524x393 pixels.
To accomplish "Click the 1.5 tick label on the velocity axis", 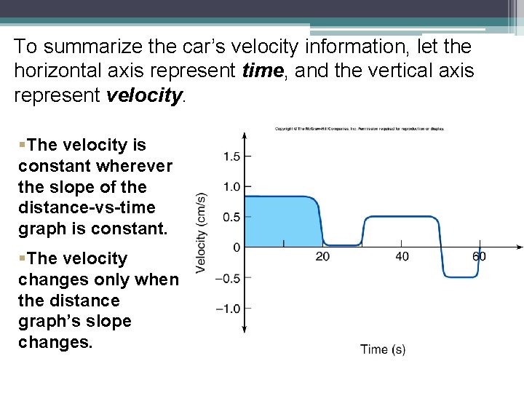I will tap(232, 156).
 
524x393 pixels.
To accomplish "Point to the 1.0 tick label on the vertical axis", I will tap(232, 187).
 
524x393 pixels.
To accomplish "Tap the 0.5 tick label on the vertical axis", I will tap(232, 218).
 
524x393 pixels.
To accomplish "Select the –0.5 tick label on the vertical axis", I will tap(229, 278).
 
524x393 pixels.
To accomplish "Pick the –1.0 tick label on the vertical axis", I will tap(229, 309).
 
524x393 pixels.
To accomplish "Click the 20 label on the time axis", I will tap(322, 256).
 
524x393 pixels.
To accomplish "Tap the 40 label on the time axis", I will tap(402, 256).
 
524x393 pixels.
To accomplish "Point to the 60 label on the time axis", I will tap(479, 256).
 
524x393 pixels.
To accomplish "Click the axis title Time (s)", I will tap(383, 349).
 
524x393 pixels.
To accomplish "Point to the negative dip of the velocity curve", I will tap(461, 275).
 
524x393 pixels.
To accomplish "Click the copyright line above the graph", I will tap(360, 129).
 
